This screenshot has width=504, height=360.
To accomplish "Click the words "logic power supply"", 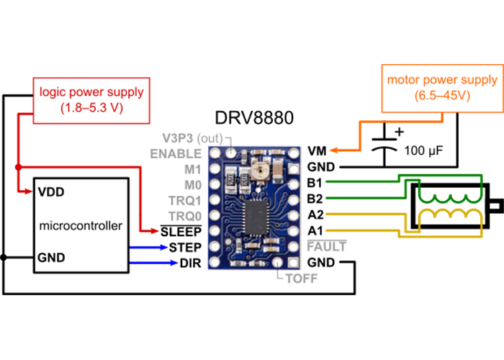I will (91, 92).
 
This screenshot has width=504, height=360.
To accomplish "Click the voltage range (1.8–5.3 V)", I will (91, 108).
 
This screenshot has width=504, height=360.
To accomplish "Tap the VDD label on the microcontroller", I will (50, 192).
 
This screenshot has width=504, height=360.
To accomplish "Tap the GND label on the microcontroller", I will (51, 257).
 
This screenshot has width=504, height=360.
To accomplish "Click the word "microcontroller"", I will (81, 225).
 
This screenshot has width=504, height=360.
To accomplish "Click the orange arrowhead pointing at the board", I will (333, 150).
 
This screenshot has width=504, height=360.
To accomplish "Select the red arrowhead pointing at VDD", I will (27, 192).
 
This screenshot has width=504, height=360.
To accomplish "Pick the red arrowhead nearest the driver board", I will (154, 230).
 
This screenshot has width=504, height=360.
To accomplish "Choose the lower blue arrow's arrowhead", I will (174, 263).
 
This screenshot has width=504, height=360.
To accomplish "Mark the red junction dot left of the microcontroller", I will (17, 168).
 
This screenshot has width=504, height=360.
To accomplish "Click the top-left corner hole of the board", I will (214, 153).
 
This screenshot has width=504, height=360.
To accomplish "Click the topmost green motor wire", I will (360, 181).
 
